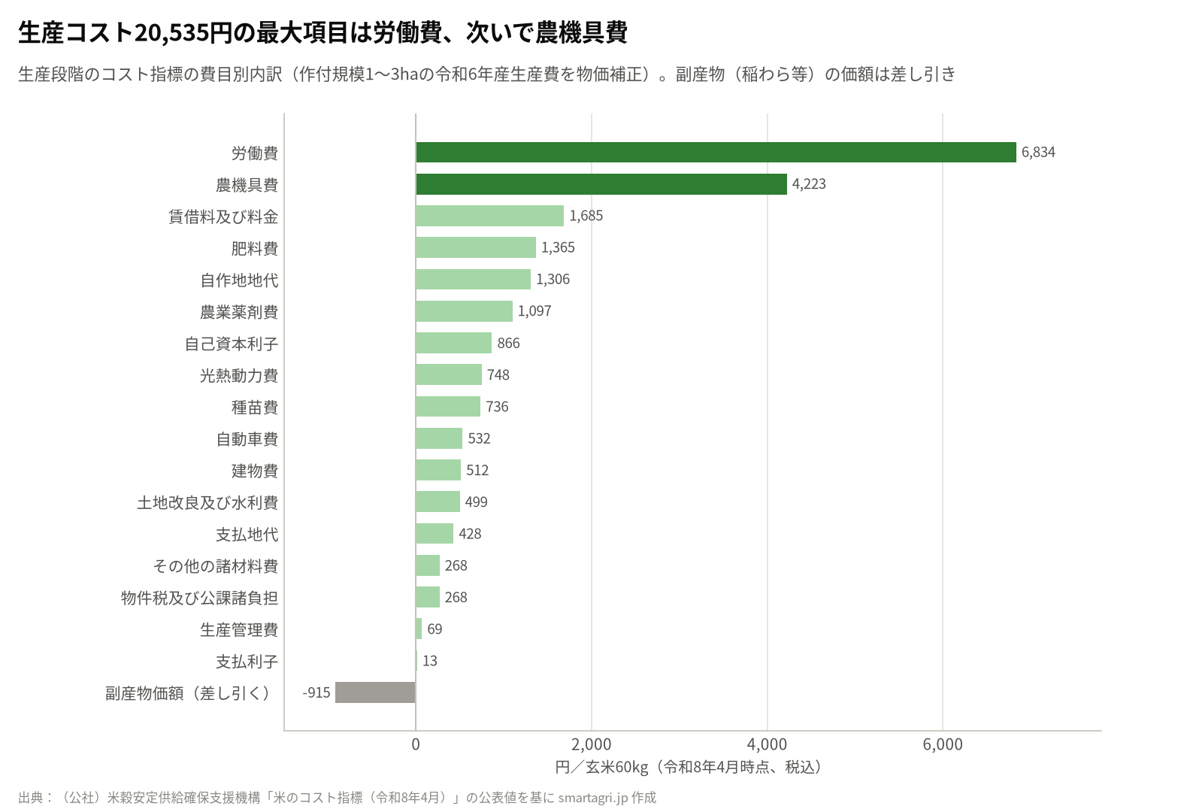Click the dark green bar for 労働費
pyautogui.click(x=716, y=152)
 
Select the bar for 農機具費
pyautogui.click(x=601, y=184)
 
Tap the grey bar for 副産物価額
pyautogui.click(x=375, y=692)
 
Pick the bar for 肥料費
pyautogui.click(x=476, y=247)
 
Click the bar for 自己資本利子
pyautogui.click(x=453, y=343)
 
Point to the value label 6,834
pyautogui.click(x=1038, y=152)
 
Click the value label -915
pyautogui.click(x=316, y=692)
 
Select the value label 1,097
pyautogui.click(x=534, y=311)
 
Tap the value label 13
pyautogui.click(x=430, y=661)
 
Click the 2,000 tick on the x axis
pyautogui.click(x=591, y=744)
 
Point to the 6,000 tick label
pyautogui.click(x=943, y=744)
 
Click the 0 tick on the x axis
pyautogui.click(x=416, y=744)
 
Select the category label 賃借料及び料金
pyautogui.click(x=223, y=217)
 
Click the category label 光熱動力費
pyautogui.click(x=239, y=375)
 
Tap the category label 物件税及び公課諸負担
pyautogui.click(x=199, y=598)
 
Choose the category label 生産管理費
pyautogui.click(x=239, y=629)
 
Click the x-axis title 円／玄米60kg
pyautogui.click(x=601, y=767)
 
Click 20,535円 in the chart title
pyautogui.click(x=183, y=33)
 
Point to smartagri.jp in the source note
pyautogui.click(x=593, y=798)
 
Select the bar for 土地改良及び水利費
pyautogui.click(x=438, y=501)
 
